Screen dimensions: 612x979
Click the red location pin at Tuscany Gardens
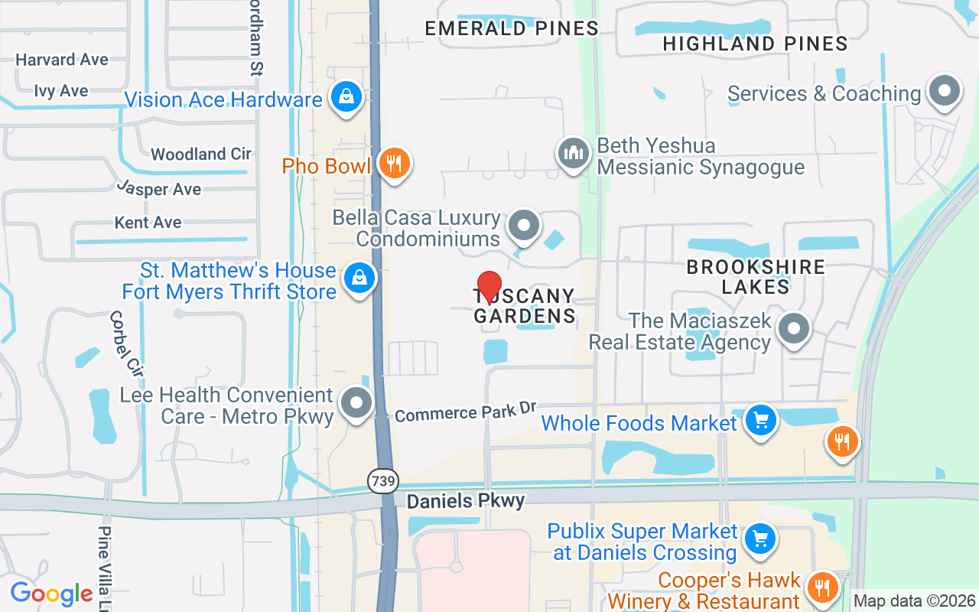coord(489,288)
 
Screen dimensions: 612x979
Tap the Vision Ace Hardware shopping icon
coord(346,97)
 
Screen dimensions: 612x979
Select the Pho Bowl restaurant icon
coord(394,163)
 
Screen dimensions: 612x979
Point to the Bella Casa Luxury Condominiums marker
coord(525,226)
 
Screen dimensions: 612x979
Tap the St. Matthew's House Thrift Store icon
coord(359,278)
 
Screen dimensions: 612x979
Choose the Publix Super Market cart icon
coord(759,539)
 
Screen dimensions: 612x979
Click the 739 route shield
coord(382,481)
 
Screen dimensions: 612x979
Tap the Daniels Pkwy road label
coord(466,501)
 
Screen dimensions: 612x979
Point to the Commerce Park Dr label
coord(466,412)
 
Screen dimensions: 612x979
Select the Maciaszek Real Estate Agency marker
coord(793,329)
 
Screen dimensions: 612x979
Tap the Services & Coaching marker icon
coord(944,91)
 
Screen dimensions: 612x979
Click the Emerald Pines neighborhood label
coord(512,29)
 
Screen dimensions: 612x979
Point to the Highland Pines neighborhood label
coord(755,44)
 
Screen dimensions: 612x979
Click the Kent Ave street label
coord(148,223)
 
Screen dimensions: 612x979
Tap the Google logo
coord(52,593)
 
